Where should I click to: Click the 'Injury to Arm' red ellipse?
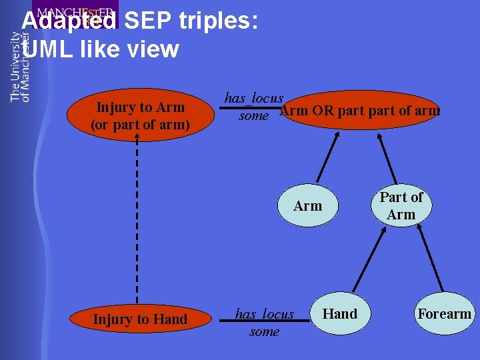[x=140, y=115]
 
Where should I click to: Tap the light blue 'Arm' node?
[x=307, y=206]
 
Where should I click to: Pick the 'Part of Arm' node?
[x=401, y=206]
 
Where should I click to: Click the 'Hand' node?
[x=339, y=314]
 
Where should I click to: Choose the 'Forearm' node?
[x=444, y=314]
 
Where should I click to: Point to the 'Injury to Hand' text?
[x=140, y=319]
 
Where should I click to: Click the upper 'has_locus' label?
[x=253, y=98]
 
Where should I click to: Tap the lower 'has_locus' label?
[x=264, y=314]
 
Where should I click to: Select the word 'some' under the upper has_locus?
[x=253, y=116]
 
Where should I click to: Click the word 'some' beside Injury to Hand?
[x=264, y=331]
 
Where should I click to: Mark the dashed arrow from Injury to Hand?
[x=137, y=220]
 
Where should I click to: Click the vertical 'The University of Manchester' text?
[x=20, y=67]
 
